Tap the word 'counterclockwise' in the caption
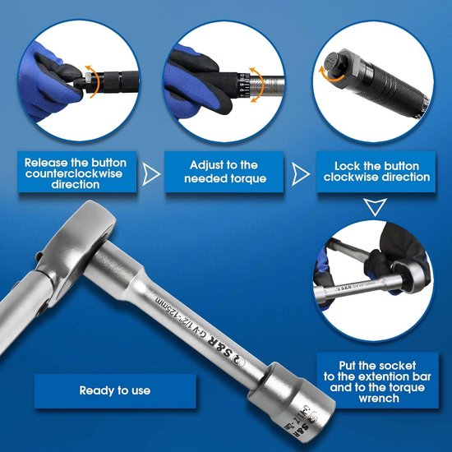click(74, 173)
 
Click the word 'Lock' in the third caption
click(347, 166)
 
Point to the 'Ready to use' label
click(115, 390)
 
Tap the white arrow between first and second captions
click(151, 174)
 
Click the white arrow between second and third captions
click(301, 174)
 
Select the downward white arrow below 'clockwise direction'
click(375, 206)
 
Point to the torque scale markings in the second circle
click(243, 85)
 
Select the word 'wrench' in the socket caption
click(379, 399)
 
